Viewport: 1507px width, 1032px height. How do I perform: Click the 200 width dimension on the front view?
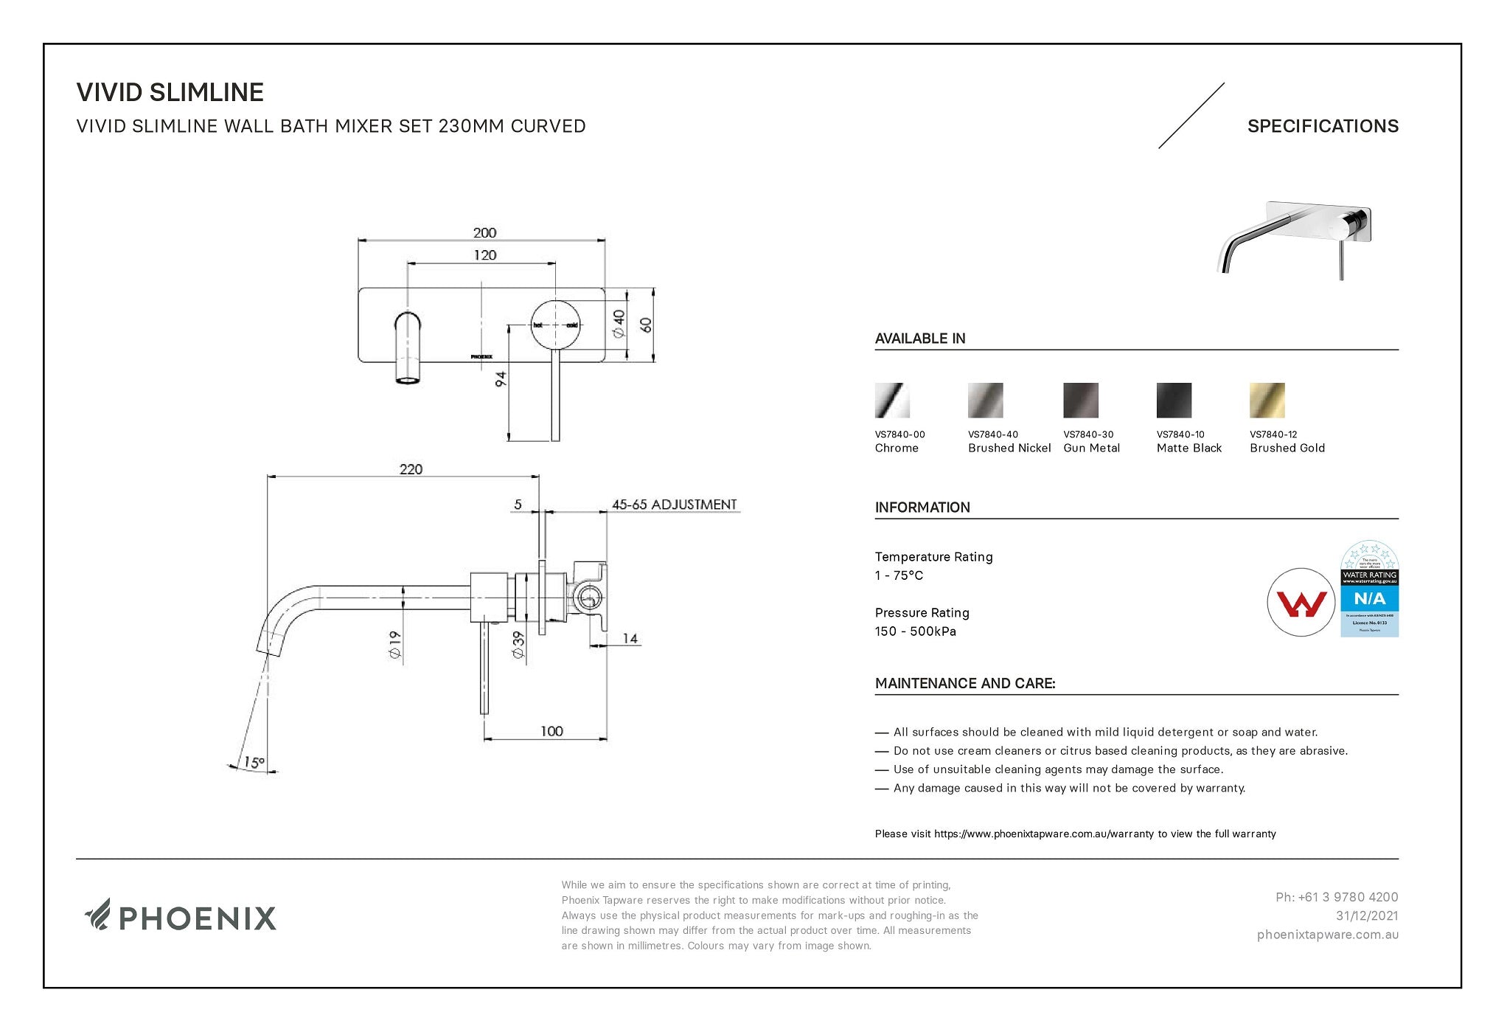[x=484, y=232]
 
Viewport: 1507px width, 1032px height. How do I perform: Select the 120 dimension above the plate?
[x=484, y=255]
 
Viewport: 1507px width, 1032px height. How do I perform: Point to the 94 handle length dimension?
[x=501, y=379]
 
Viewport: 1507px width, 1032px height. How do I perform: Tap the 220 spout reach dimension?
[x=411, y=469]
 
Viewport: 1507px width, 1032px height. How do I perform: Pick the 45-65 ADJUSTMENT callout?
[x=674, y=505]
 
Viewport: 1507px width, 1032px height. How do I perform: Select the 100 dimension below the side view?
[x=551, y=731]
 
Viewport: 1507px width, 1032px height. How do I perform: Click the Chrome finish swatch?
[x=892, y=401]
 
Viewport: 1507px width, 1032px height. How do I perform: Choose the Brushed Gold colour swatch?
[x=1267, y=401]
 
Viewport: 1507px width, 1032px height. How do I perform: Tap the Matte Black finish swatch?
[x=1174, y=401]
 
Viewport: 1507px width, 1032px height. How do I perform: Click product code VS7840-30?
[x=1088, y=434]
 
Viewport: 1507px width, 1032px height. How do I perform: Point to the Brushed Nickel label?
[x=1009, y=448]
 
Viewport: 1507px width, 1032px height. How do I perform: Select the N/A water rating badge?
[x=1369, y=589]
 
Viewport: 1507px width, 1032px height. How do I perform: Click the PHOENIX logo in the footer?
[x=181, y=917]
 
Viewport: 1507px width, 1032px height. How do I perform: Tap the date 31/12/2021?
[x=1367, y=915]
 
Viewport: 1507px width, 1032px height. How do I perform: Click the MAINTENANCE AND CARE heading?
[x=964, y=683]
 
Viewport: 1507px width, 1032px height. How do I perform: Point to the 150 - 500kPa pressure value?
[x=915, y=631]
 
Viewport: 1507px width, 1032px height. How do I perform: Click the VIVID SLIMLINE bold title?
[x=170, y=92]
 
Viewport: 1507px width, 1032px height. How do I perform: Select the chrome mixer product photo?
[x=1295, y=238]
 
